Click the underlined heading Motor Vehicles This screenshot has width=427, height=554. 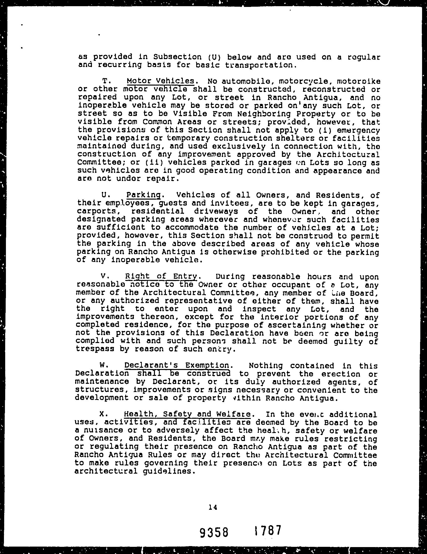[161, 81]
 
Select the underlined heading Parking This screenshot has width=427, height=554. [143, 195]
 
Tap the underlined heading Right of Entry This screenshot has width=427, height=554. [161, 276]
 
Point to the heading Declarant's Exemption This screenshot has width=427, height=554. [177, 366]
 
